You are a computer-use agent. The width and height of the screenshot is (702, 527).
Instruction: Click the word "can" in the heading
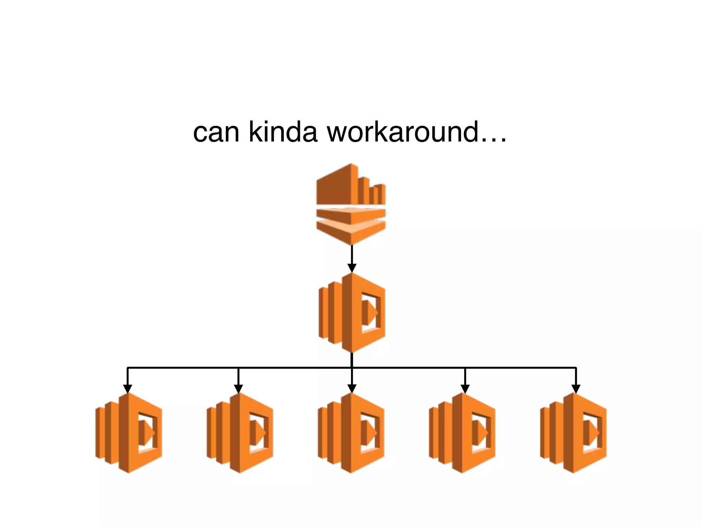(216, 132)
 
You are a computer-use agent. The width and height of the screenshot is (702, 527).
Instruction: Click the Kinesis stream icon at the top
(351, 204)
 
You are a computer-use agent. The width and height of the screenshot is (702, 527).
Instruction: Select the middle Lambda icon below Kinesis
(352, 313)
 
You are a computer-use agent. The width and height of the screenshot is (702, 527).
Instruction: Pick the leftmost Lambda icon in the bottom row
(129, 433)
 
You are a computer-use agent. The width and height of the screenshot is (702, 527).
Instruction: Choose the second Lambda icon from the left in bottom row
(240, 433)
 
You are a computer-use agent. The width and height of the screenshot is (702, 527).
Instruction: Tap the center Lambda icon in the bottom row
(351, 433)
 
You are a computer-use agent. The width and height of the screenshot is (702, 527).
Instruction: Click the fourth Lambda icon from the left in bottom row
(462, 433)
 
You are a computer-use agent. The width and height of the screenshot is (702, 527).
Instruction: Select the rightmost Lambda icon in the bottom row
(573, 433)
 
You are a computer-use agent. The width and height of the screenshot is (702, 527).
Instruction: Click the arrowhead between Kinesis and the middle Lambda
(352, 268)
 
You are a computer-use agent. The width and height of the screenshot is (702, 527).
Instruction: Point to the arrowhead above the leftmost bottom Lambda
(128, 389)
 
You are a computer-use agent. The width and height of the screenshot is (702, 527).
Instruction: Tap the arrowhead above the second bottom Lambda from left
(238, 389)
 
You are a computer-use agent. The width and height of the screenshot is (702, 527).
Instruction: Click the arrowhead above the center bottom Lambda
(352, 389)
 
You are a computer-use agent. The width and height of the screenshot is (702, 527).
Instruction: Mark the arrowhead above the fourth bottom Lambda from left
(465, 389)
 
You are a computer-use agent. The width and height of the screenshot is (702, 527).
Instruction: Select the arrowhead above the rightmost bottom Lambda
(576, 389)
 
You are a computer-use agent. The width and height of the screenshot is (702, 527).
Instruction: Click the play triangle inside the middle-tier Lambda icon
(370, 313)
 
